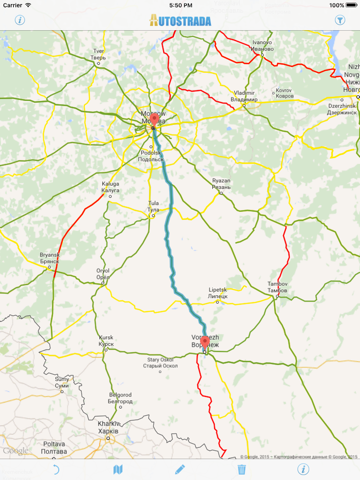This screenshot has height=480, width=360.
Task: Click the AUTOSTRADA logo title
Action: point(180,19)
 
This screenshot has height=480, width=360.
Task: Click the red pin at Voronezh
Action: point(206,339)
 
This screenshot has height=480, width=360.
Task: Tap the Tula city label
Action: point(154,206)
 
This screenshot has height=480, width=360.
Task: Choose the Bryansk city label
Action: point(49,257)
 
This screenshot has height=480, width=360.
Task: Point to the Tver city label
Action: point(98,53)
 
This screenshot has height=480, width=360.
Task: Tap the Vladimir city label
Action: point(244,95)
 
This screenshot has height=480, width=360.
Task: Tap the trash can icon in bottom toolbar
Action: point(241,468)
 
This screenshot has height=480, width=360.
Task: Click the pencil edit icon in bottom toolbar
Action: point(180,468)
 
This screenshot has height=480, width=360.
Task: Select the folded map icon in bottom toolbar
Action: point(118,468)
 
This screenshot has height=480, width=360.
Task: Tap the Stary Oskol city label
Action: point(160,360)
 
